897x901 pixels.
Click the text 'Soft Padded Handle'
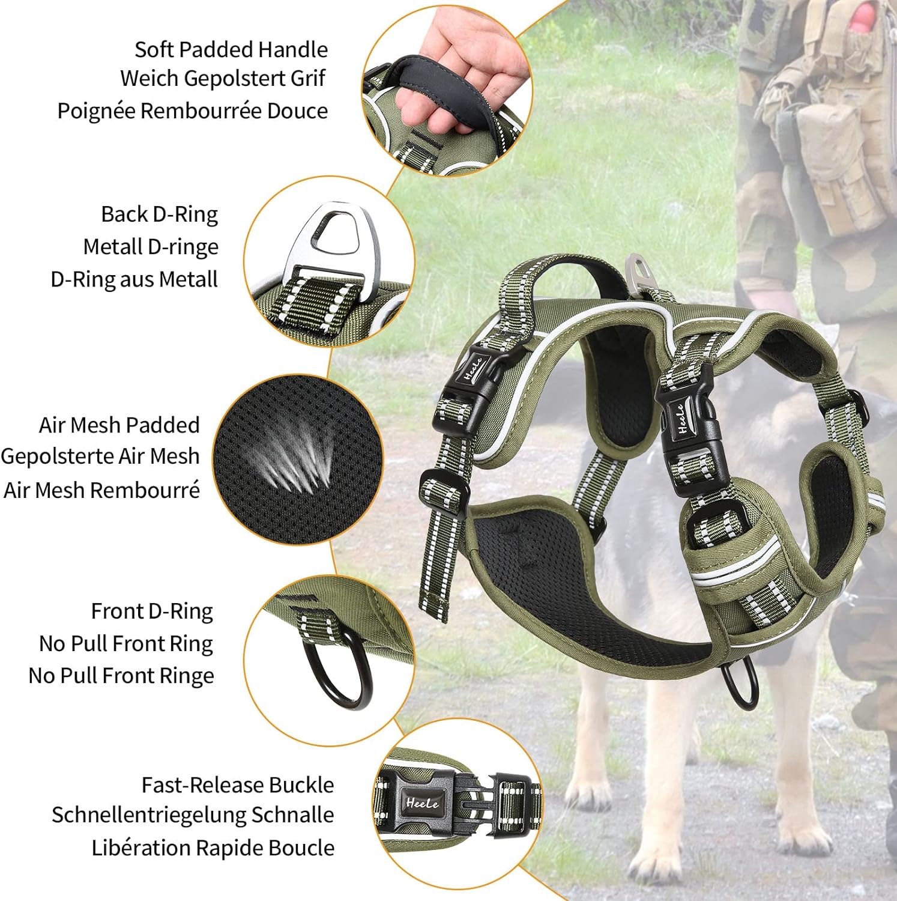point(231,50)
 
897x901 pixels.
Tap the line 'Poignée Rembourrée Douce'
point(193,111)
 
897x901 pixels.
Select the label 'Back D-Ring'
point(159,214)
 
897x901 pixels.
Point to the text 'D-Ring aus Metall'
point(134,279)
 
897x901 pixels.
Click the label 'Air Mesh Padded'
point(119,425)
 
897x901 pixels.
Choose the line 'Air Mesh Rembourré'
point(101,490)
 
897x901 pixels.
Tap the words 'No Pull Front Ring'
point(126,644)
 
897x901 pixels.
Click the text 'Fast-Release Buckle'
point(238,785)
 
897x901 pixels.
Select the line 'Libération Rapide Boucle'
point(213,848)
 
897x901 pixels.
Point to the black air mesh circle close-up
point(298,460)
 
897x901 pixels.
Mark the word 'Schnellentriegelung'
point(148,816)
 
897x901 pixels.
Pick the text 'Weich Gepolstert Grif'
point(223,79)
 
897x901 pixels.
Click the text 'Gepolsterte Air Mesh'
point(100,457)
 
